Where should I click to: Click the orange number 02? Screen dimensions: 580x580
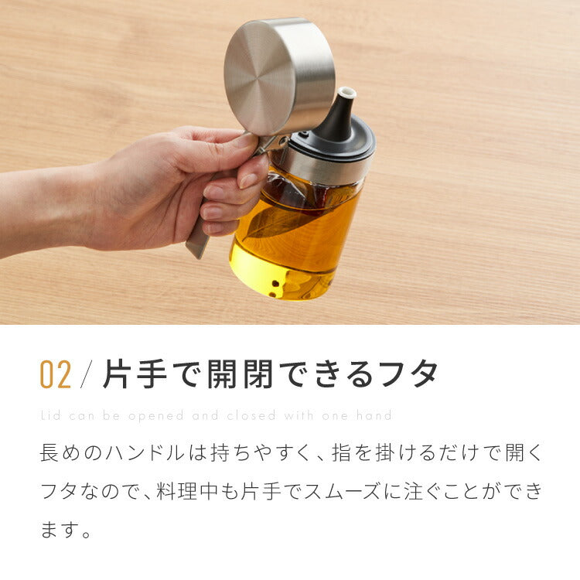click(56, 374)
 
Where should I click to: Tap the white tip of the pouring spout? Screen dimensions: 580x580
click(348, 94)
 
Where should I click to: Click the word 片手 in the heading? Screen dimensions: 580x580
click(131, 374)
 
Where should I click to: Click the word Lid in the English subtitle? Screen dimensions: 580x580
click(49, 415)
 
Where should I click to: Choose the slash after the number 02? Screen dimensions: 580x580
click(87, 374)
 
